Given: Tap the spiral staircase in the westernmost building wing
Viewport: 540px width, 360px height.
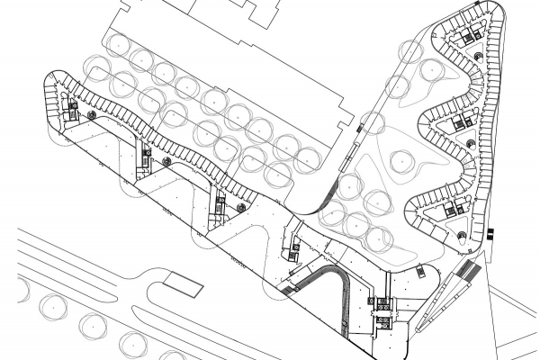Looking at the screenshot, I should pos(91,115).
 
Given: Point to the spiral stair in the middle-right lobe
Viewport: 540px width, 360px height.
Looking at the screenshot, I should pos(471,144).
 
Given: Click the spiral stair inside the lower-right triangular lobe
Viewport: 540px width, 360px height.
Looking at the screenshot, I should pos(462,236).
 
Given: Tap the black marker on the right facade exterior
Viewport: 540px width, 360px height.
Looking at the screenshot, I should pos(490,233).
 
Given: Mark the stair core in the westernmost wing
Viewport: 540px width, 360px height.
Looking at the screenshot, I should pos(73,110).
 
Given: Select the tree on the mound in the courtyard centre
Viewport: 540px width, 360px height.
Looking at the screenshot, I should pos(401,162).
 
